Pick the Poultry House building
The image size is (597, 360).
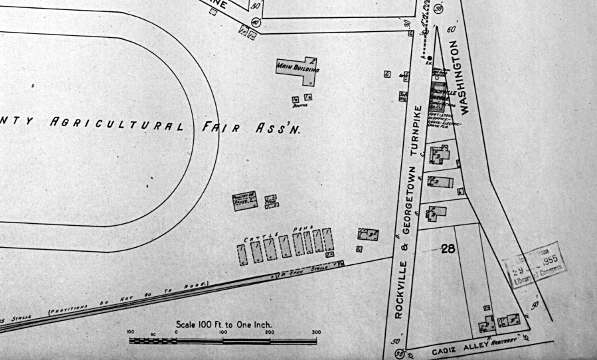coord(244,201)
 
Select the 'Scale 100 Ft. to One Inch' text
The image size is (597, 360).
coord(224,325)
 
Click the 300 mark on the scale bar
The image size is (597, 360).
coord(316,332)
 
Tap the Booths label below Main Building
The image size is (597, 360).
coord(302,105)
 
